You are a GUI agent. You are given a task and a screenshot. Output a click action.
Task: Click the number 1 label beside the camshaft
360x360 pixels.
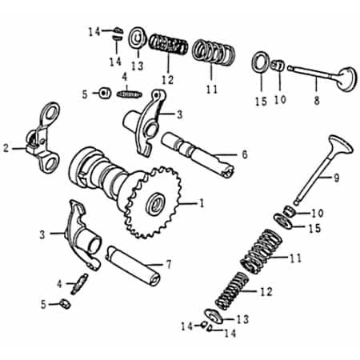tap(202, 204)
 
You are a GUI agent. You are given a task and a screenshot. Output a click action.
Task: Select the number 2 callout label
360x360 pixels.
tap(6, 147)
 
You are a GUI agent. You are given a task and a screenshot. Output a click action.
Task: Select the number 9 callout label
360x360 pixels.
tap(336, 178)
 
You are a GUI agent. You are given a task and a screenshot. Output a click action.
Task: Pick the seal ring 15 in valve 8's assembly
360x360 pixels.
tap(261, 61)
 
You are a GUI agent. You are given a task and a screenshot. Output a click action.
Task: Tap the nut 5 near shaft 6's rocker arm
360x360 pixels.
tap(104, 93)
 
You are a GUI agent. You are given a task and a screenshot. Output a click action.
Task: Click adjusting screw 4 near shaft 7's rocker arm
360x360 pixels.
tap(79, 282)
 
